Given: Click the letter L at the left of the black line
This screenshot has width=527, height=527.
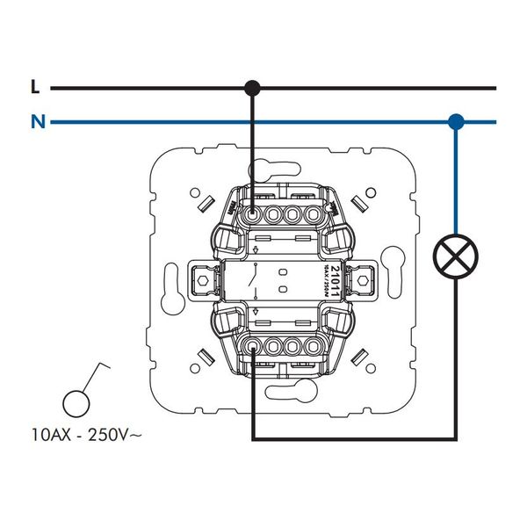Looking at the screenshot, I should coord(35,87).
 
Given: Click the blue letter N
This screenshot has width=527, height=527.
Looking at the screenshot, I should coord(36,122).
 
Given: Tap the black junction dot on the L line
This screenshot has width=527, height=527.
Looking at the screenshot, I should coord(252,88).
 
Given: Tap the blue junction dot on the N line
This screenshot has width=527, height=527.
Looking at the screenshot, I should coord(455,122).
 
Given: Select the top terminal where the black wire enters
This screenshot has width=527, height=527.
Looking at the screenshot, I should coord(253,213).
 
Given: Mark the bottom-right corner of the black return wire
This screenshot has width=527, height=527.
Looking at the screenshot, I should coord(454,438).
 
